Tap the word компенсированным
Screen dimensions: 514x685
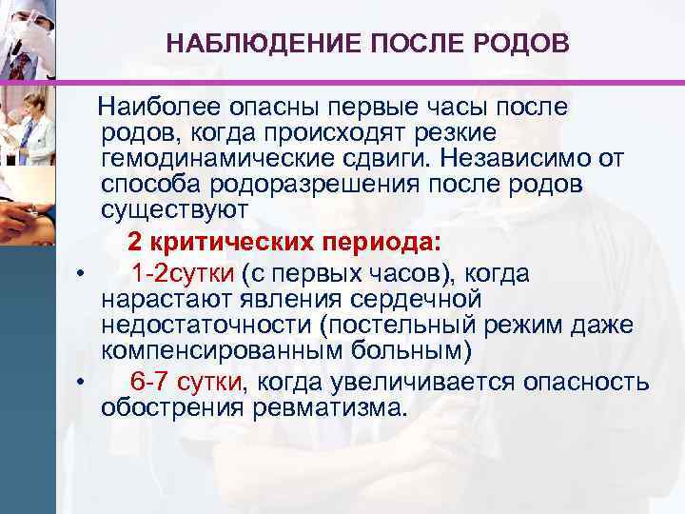click(213, 349)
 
